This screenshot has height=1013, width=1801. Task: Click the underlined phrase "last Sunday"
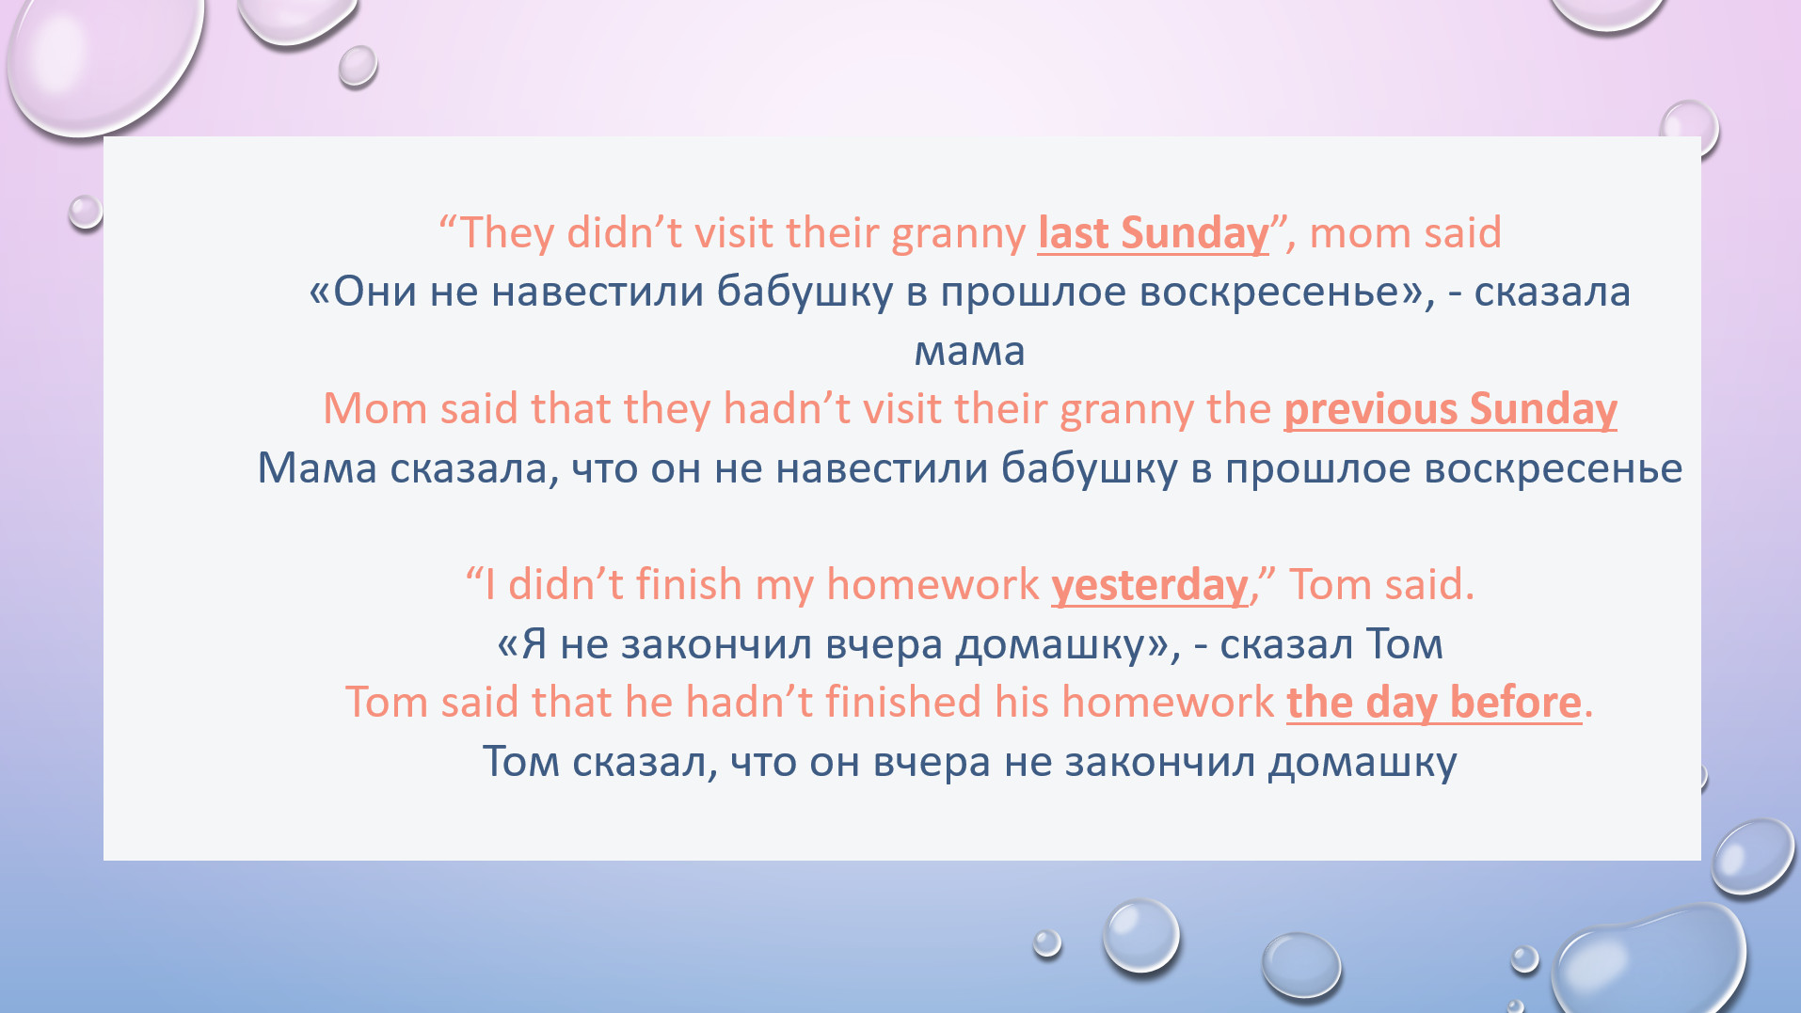coord(1153,233)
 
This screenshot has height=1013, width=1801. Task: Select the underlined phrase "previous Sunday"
coord(1450,409)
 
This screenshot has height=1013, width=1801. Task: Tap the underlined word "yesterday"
coord(1150,586)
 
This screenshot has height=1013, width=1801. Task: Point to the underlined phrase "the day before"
coord(1434,703)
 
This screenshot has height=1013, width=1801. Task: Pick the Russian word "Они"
coord(375,292)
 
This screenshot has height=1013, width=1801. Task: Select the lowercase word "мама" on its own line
coord(969,352)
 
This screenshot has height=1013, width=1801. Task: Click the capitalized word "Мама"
coord(317,468)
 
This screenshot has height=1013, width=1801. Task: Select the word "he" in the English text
coord(649,703)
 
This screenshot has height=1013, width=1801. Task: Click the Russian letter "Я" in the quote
coord(534,644)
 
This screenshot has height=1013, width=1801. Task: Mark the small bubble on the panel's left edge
coord(85,212)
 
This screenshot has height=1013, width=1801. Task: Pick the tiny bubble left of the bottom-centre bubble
coord(1046,942)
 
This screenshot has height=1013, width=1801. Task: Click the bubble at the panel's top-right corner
coord(1690,127)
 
